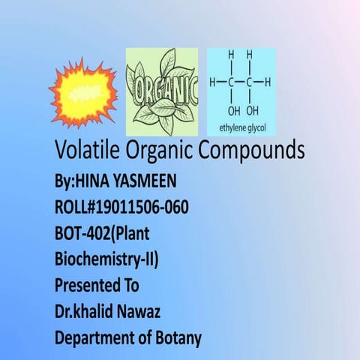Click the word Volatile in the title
pos(87,151)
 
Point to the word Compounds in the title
pos(250,151)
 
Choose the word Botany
pos(177,338)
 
